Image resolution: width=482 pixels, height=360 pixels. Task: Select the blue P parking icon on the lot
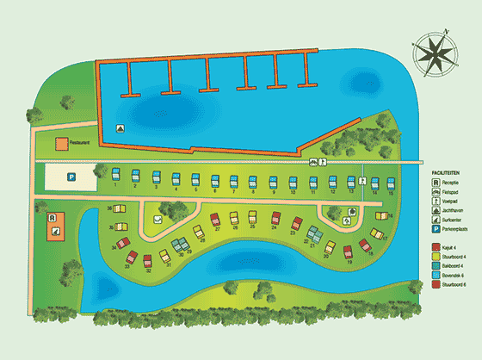(71, 177)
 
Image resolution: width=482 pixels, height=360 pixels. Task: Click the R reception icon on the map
(53, 218)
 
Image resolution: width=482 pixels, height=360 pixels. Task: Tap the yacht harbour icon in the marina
(119, 128)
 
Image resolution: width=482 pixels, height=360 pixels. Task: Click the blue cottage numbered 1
(115, 177)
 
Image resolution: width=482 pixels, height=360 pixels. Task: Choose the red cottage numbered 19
(348, 252)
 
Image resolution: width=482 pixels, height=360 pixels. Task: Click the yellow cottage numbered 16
(381, 215)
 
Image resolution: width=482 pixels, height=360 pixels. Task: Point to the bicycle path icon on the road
(312, 161)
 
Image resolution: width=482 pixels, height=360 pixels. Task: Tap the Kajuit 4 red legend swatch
(436, 247)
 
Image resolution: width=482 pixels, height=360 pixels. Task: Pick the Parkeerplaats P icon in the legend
(436, 230)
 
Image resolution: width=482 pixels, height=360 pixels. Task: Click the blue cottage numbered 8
(254, 182)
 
